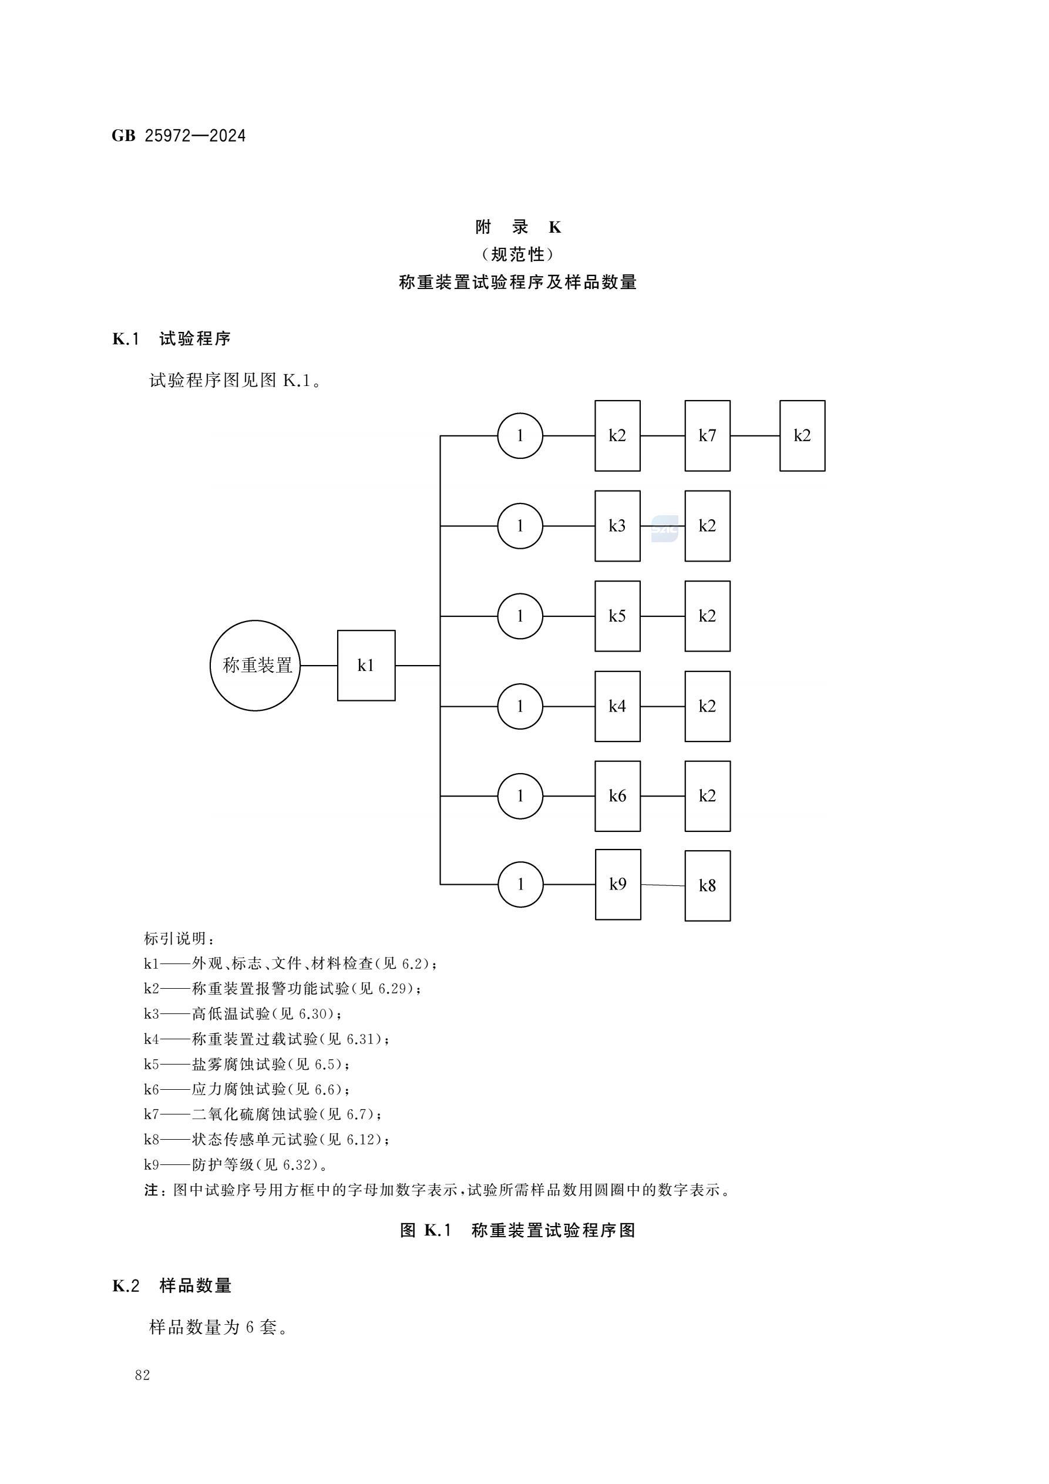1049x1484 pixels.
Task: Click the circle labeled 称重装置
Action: click(255, 665)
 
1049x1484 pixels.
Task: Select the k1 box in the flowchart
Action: click(366, 665)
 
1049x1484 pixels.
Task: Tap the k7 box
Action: click(707, 436)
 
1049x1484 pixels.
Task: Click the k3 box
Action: click(617, 525)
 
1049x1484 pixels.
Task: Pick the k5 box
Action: click(617, 616)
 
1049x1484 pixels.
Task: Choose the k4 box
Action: click(617, 706)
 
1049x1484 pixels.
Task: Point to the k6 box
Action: click(617, 795)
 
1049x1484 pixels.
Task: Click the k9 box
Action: click(618, 884)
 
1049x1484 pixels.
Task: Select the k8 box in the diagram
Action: click(707, 885)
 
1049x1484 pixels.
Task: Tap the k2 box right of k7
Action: click(802, 436)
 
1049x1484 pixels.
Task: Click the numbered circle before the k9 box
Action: click(520, 884)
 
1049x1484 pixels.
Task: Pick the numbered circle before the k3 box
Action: click(520, 525)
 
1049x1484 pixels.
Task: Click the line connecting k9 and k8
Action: click(663, 885)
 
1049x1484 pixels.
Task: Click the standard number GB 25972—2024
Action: click(179, 136)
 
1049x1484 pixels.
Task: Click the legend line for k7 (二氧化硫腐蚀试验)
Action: click(263, 1114)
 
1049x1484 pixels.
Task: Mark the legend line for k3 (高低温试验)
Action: click(243, 1013)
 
